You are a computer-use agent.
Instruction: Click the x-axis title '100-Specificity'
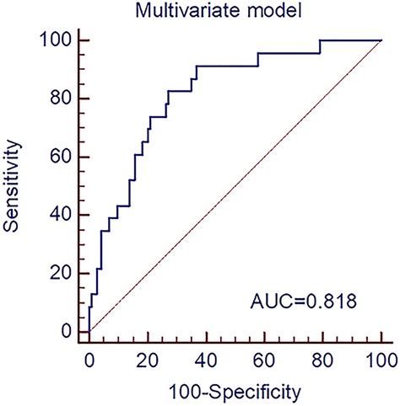[235, 392]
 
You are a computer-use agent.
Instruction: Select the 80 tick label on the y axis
[63, 99]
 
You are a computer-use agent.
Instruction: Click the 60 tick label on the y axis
[63, 157]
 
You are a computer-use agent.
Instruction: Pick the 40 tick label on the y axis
[63, 215]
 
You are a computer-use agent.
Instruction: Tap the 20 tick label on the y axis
[63, 273]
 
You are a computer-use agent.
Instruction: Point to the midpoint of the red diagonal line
[235, 186]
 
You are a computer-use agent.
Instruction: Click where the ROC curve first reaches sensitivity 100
[320, 40]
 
